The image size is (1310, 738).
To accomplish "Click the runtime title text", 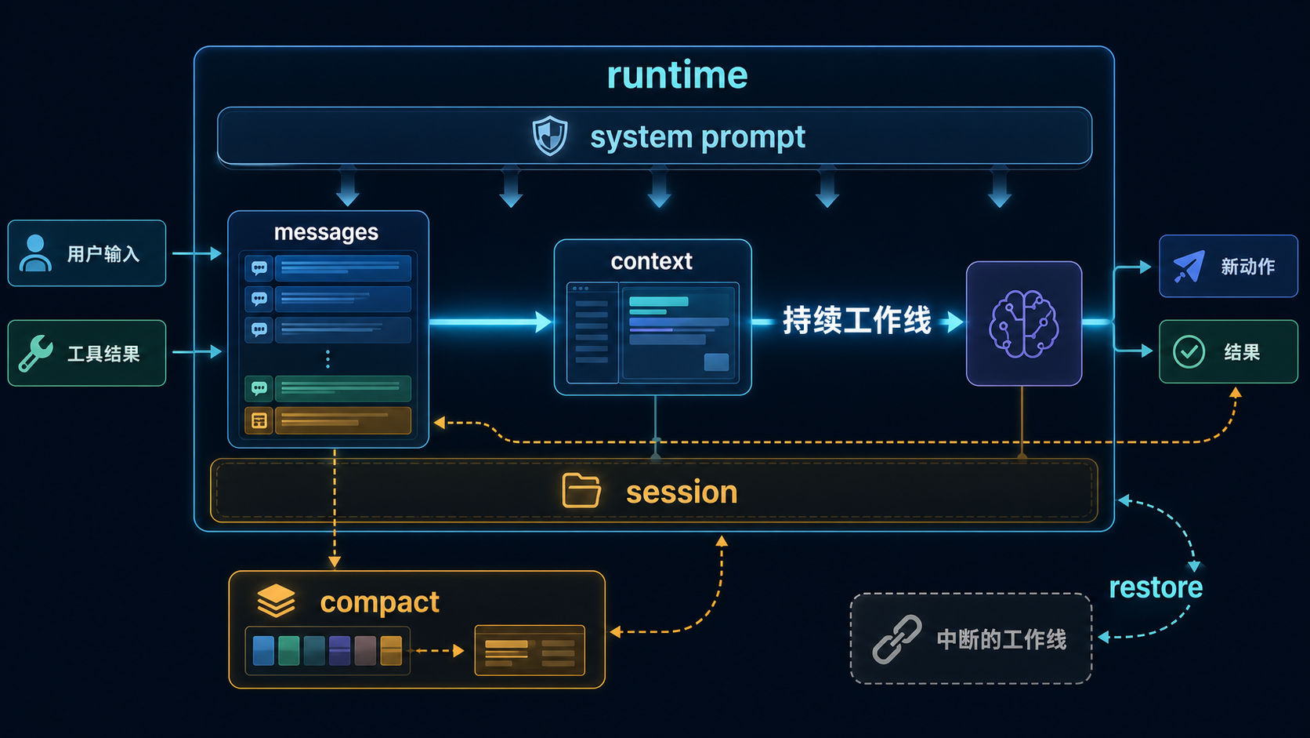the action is (x=677, y=75).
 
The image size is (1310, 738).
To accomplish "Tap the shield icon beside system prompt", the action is (x=550, y=136).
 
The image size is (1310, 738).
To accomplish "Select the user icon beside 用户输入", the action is (x=35, y=253).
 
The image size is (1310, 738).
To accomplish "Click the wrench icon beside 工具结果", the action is (x=36, y=353).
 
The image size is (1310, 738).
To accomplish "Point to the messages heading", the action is (x=327, y=232).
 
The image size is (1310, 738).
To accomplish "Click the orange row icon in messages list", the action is (x=259, y=420).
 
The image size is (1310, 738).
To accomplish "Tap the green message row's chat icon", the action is (x=259, y=388).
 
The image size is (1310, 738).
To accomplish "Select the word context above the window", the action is (x=652, y=261).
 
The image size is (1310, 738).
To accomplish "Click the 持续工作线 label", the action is (x=857, y=321).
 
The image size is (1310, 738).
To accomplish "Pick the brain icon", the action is (x=1023, y=324).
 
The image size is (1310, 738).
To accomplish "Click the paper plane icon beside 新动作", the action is (x=1189, y=267).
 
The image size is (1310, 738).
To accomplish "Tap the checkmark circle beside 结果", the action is (x=1189, y=351).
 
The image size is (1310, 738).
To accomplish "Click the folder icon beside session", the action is (x=581, y=490).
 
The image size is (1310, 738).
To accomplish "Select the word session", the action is (x=682, y=493).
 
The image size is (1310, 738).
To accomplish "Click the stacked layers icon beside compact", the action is (x=276, y=601).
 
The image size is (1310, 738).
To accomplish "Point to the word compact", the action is (x=379, y=602).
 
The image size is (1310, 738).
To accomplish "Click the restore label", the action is (x=1156, y=587).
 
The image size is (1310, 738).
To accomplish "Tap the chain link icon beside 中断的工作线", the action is (x=897, y=639).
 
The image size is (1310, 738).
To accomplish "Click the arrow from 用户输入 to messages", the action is (x=197, y=253).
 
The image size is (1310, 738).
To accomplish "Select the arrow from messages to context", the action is (x=490, y=322).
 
